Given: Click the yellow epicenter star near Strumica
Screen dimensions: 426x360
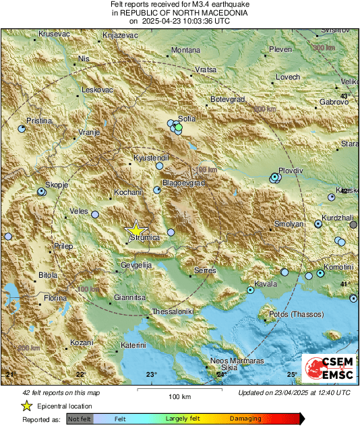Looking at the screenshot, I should coord(136,229).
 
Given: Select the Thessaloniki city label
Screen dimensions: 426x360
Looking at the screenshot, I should coord(173,311).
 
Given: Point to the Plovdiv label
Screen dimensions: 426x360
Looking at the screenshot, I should coord(291,171).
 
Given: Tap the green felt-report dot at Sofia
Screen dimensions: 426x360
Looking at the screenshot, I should coord(179,127).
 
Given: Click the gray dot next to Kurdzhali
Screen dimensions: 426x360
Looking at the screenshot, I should coord(353,224).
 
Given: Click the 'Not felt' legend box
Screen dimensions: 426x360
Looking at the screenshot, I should coord(79,418).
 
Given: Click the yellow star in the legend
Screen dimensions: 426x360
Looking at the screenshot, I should coord(26,406).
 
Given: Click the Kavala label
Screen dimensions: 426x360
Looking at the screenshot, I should coord(266,284).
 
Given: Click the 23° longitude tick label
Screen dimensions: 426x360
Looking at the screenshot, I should coord(152,374).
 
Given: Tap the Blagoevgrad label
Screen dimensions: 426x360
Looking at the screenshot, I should coord(182,182).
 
